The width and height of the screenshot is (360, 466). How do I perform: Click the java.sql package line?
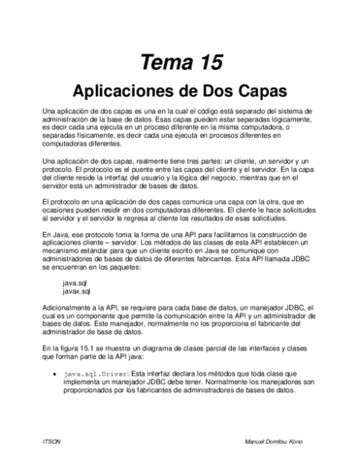pos(76,283)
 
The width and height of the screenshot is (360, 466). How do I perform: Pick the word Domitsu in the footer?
pos(289,441)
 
